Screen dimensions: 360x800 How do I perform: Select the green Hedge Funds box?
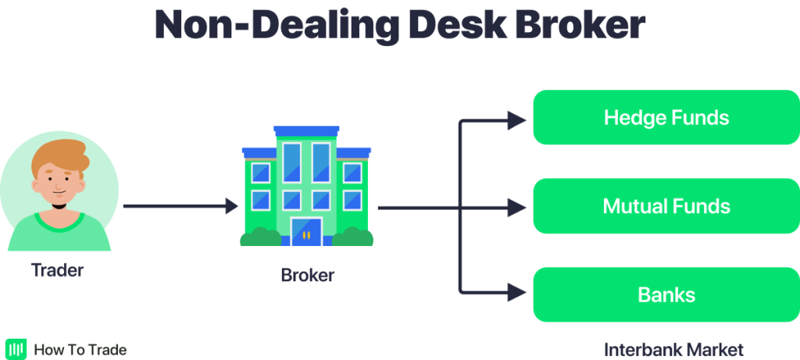666,118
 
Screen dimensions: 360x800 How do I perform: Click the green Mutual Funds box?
666,207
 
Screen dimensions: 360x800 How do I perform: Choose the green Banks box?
666,295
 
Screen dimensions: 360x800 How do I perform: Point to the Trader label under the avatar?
57,272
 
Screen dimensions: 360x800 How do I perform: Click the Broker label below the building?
307,276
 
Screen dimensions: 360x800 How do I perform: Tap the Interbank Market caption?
673,349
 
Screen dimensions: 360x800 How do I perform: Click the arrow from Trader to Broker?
180,207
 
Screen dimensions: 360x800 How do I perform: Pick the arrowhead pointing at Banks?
516,294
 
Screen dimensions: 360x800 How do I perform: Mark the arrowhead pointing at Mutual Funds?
516,208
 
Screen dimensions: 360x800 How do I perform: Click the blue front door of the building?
306,231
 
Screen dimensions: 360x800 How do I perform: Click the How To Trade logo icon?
16,349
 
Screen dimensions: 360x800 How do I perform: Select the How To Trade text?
80,350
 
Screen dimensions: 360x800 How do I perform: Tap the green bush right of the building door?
353,237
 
